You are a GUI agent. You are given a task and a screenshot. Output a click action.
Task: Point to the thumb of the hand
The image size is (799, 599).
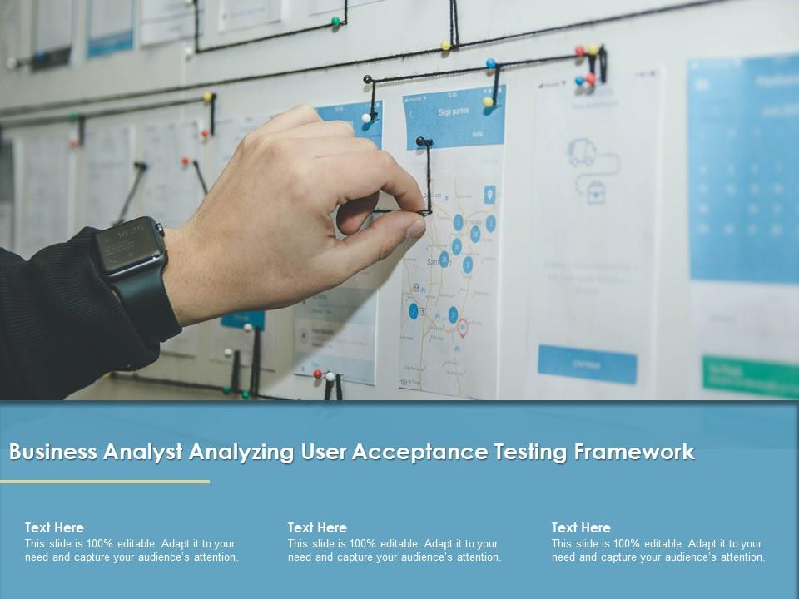point(379,237)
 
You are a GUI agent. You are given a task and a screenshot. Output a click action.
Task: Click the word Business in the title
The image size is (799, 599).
point(52,452)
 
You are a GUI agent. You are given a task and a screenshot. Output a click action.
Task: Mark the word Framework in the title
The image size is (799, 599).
point(634,452)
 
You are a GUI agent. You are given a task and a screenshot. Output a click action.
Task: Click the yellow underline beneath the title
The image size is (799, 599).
point(105,481)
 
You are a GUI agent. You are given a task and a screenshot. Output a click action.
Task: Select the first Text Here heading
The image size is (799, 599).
point(54,527)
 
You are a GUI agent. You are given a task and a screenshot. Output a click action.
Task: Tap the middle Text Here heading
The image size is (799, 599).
point(317,527)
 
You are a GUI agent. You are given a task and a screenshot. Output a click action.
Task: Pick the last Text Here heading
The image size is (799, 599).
point(581,527)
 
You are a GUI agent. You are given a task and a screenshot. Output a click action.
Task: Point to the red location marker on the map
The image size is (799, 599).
point(463,328)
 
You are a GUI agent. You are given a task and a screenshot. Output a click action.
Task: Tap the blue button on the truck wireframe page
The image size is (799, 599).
point(587,364)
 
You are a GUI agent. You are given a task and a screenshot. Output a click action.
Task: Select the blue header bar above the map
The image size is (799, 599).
point(454,116)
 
